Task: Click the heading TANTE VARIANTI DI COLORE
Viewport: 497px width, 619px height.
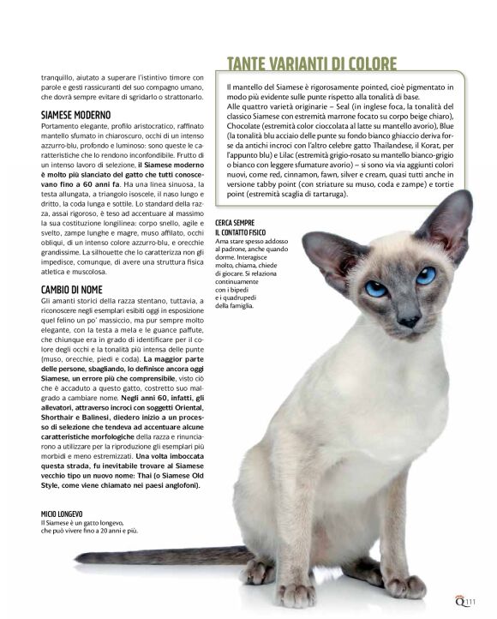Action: (311, 64)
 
